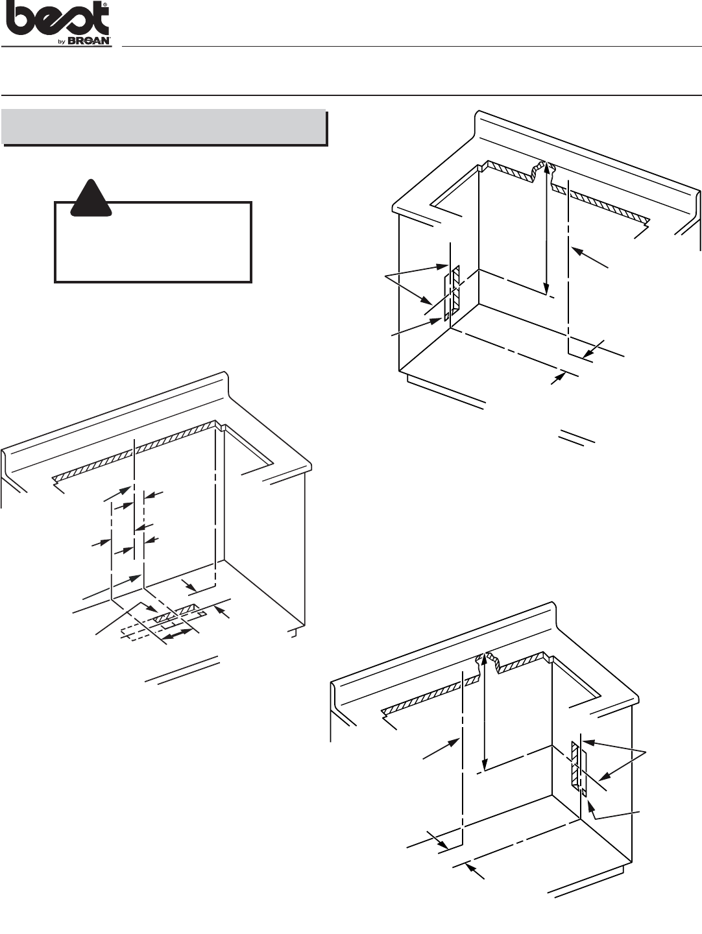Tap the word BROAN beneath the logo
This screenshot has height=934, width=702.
[90, 42]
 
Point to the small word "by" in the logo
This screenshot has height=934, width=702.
[62, 42]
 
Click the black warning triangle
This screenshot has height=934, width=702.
[91, 198]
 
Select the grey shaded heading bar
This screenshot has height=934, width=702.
[163, 126]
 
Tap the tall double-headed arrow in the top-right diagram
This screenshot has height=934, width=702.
[546, 228]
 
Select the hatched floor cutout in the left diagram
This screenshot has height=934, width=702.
[176, 612]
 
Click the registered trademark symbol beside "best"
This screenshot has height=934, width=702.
[106, 5]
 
